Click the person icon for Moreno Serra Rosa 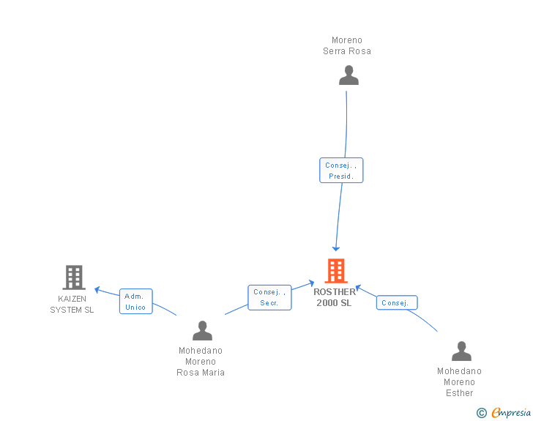[348, 75]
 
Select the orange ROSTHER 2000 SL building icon [335, 271]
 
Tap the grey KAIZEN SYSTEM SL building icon [73, 277]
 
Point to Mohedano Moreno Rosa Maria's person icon [202, 331]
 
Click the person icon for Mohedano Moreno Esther [461, 351]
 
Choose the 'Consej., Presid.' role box [341, 171]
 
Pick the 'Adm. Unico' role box [135, 302]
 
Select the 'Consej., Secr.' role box [269, 297]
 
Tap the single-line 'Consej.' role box [396, 302]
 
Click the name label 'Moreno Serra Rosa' [347, 45]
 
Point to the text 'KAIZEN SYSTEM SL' [72, 304]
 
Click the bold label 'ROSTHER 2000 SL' [334, 297]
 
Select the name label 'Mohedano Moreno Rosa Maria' [201, 362]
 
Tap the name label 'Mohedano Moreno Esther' [460, 382]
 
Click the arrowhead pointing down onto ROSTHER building [336, 249]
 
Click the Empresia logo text [512, 412]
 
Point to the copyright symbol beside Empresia [481, 413]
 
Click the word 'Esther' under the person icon [460, 393]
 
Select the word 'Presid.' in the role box [341, 176]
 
